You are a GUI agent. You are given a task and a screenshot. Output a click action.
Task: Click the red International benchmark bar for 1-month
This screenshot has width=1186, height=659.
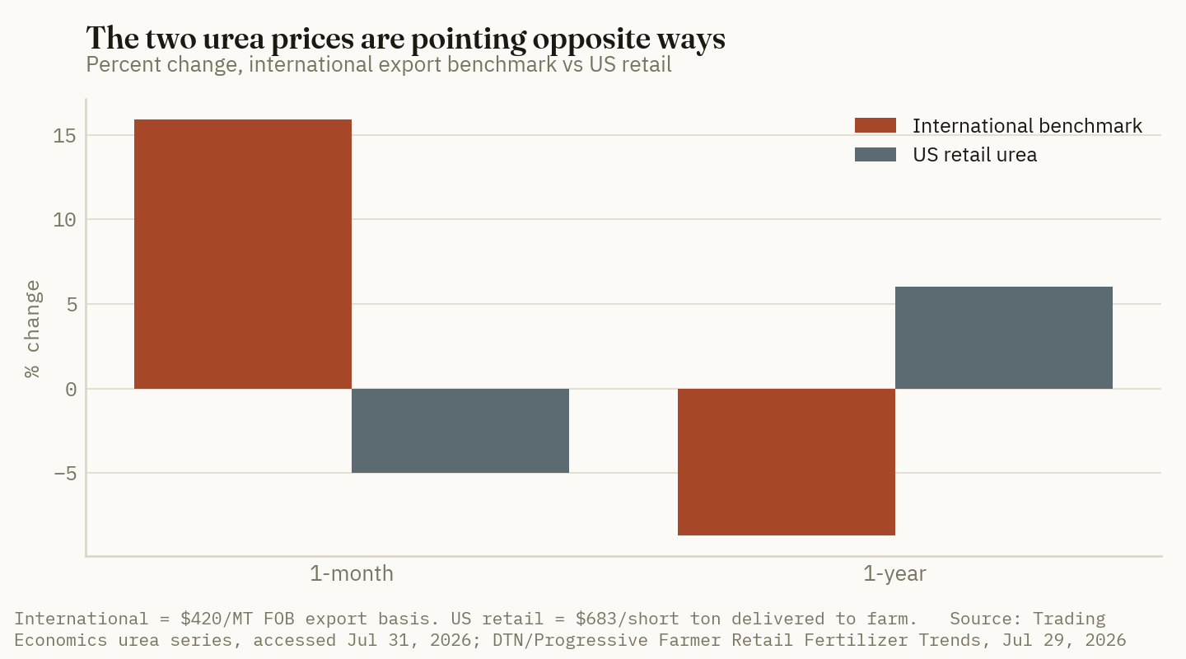(242, 254)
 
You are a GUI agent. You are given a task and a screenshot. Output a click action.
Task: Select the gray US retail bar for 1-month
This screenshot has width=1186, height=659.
(460, 431)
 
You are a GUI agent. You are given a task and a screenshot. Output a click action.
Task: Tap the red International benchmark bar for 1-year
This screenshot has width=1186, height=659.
(787, 462)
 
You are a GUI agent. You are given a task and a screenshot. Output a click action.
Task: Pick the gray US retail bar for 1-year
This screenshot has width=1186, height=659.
(1004, 338)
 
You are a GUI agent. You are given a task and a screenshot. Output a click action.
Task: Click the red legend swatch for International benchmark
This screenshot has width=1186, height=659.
(875, 125)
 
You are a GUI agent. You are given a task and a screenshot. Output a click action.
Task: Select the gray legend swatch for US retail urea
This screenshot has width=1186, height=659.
(875, 155)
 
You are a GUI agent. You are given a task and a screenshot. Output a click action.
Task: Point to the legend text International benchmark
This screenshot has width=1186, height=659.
(1027, 126)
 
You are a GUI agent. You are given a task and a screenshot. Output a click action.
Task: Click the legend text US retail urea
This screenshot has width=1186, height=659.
(975, 155)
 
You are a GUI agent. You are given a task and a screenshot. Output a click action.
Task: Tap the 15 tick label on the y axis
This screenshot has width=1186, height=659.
(64, 136)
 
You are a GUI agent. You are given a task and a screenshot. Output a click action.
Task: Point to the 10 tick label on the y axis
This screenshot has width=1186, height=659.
(64, 220)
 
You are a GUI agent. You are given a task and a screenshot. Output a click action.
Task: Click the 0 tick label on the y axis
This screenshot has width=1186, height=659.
(71, 390)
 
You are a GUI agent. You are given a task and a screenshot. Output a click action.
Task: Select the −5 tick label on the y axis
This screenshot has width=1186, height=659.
(65, 474)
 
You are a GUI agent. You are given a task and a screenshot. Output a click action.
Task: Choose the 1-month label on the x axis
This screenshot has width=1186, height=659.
(352, 573)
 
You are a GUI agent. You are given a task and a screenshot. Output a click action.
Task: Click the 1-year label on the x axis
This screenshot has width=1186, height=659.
(894, 573)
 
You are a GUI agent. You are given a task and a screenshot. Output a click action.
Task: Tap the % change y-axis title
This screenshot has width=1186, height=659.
(32, 329)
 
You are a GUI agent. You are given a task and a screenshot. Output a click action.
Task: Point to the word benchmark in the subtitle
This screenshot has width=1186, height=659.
(502, 64)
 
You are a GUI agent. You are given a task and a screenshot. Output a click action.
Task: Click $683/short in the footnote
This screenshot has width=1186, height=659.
(628, 619)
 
